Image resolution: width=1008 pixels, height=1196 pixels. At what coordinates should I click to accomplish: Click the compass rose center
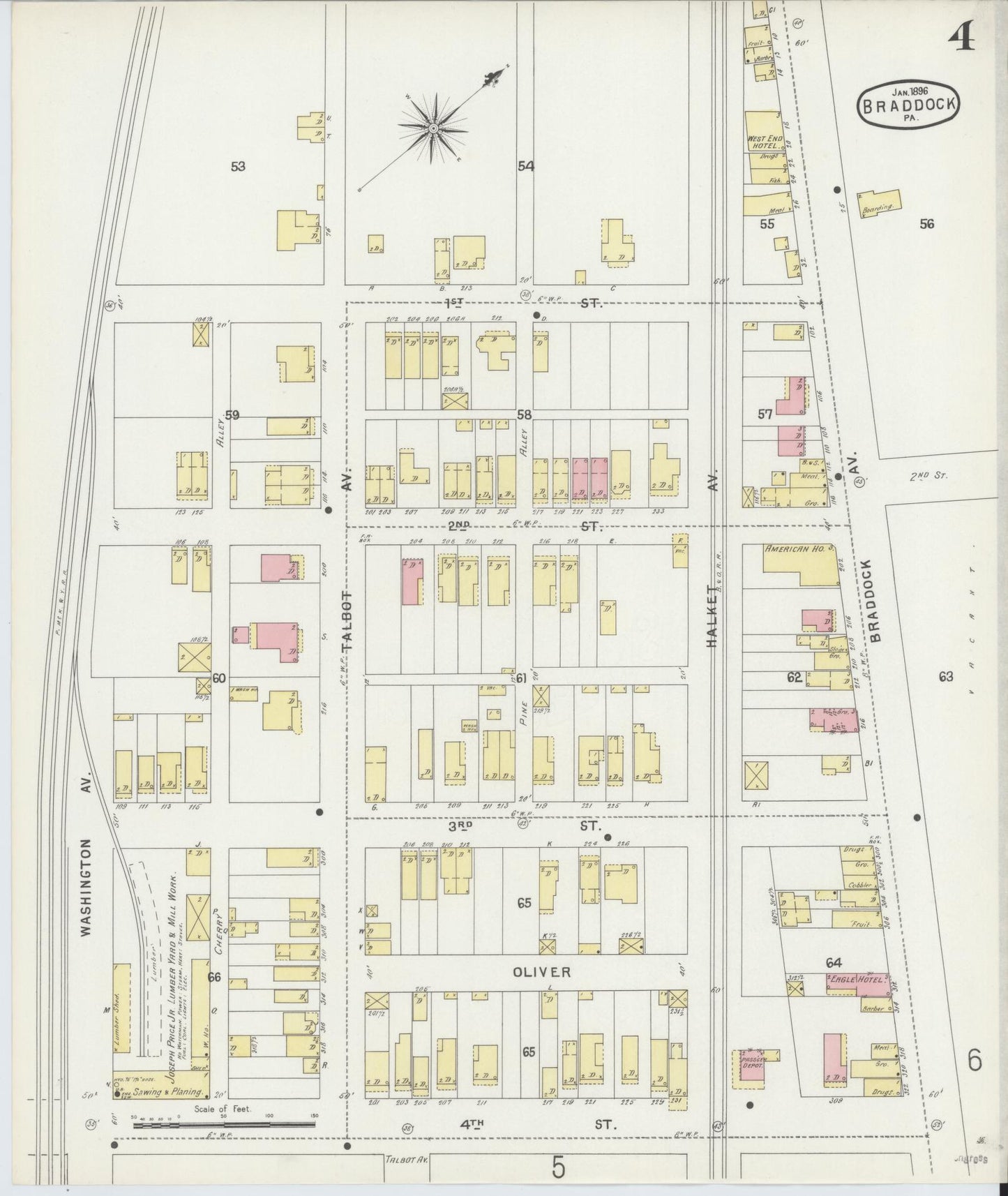coord(432,128)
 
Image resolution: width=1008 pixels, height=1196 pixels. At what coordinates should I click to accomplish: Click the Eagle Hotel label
coord(857,980)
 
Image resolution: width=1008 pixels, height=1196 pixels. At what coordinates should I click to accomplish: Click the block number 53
coord(239,166)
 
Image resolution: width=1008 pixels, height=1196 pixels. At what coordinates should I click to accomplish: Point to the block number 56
coord(926,224)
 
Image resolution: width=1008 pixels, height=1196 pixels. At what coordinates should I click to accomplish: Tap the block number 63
coord(945,675)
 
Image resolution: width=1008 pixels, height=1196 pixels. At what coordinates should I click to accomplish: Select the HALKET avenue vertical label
coord(712,616)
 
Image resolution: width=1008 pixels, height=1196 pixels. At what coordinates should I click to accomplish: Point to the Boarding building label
coord(878,207)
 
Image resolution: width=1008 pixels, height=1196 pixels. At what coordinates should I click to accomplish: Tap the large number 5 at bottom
coord(557,1167)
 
